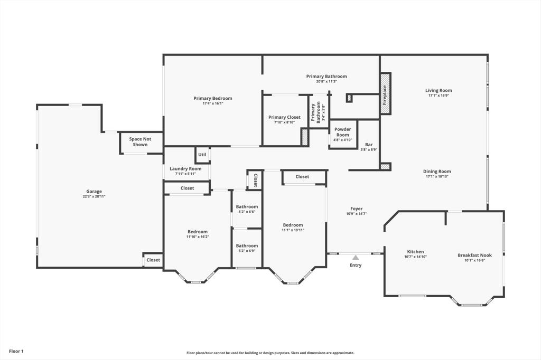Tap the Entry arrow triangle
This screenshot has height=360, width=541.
[356, 258]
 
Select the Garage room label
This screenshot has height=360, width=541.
[94, 192]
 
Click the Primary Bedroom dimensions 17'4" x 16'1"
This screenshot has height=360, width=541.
[212, 103]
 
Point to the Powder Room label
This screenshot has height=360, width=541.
[343, 132]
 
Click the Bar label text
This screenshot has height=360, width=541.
[369, 144]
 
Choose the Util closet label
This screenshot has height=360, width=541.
[202, 155]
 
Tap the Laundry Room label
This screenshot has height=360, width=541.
[185, 169]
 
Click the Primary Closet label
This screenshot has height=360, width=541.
[284, 117]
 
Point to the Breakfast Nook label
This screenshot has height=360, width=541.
[474, 255]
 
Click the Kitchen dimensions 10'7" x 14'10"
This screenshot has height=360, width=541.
[415, 257]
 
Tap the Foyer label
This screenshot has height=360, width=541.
[356, 209]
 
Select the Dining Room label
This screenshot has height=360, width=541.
[437, 171]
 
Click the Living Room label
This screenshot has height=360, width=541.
[439, 90]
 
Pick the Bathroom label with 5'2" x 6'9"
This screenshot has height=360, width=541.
[247, 245]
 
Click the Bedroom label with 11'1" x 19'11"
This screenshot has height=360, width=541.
[293, 225]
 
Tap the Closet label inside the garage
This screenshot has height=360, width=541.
[153, 260]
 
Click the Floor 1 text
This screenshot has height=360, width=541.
[16, 351]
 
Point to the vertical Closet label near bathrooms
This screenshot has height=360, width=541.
[255, 180]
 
